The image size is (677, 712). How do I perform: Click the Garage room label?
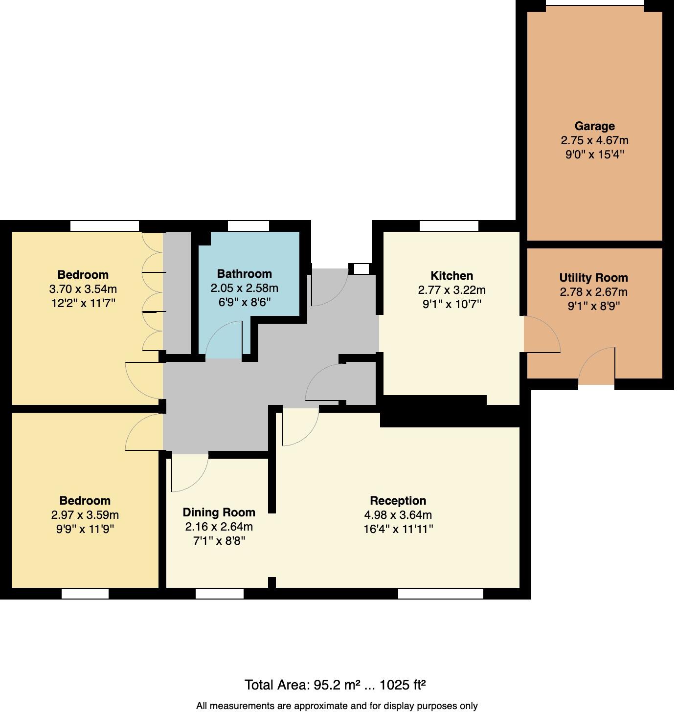click(x=594, y=126)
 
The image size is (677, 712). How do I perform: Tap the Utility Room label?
click(x=593, y=278)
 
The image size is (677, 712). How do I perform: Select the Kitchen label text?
click(x=451, y=275)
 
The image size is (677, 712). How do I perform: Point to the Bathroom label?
click(x=244, y=274)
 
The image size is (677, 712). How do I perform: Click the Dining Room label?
click(x=219, y=512)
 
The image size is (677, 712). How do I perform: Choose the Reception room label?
click(x=398, y=501)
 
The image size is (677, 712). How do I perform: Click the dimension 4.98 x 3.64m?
click(x=398, y=515)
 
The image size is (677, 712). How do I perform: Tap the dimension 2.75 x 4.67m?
click(x=594, y=140)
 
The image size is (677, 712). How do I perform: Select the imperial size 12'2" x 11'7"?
click(x=83, y=303)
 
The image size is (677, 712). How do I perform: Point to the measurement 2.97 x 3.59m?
click(x=85, y=515)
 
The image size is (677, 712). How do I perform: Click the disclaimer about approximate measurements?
click(x=337, y=706)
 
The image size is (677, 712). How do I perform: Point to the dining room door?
click(x=189, y=472)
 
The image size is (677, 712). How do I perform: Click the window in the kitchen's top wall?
click(x=449, y=226)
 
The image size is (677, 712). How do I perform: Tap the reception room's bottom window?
click(x=440, y=594)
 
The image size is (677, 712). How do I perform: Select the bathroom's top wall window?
click(x=248, y=226)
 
